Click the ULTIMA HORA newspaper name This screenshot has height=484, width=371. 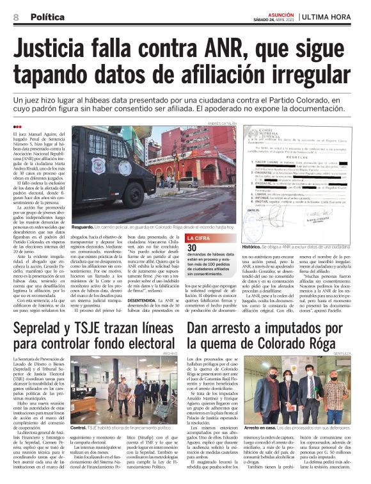tap(330, 16)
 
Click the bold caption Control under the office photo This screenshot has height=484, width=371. tap(78, 427)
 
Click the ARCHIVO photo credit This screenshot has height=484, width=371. tap(170, 353)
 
